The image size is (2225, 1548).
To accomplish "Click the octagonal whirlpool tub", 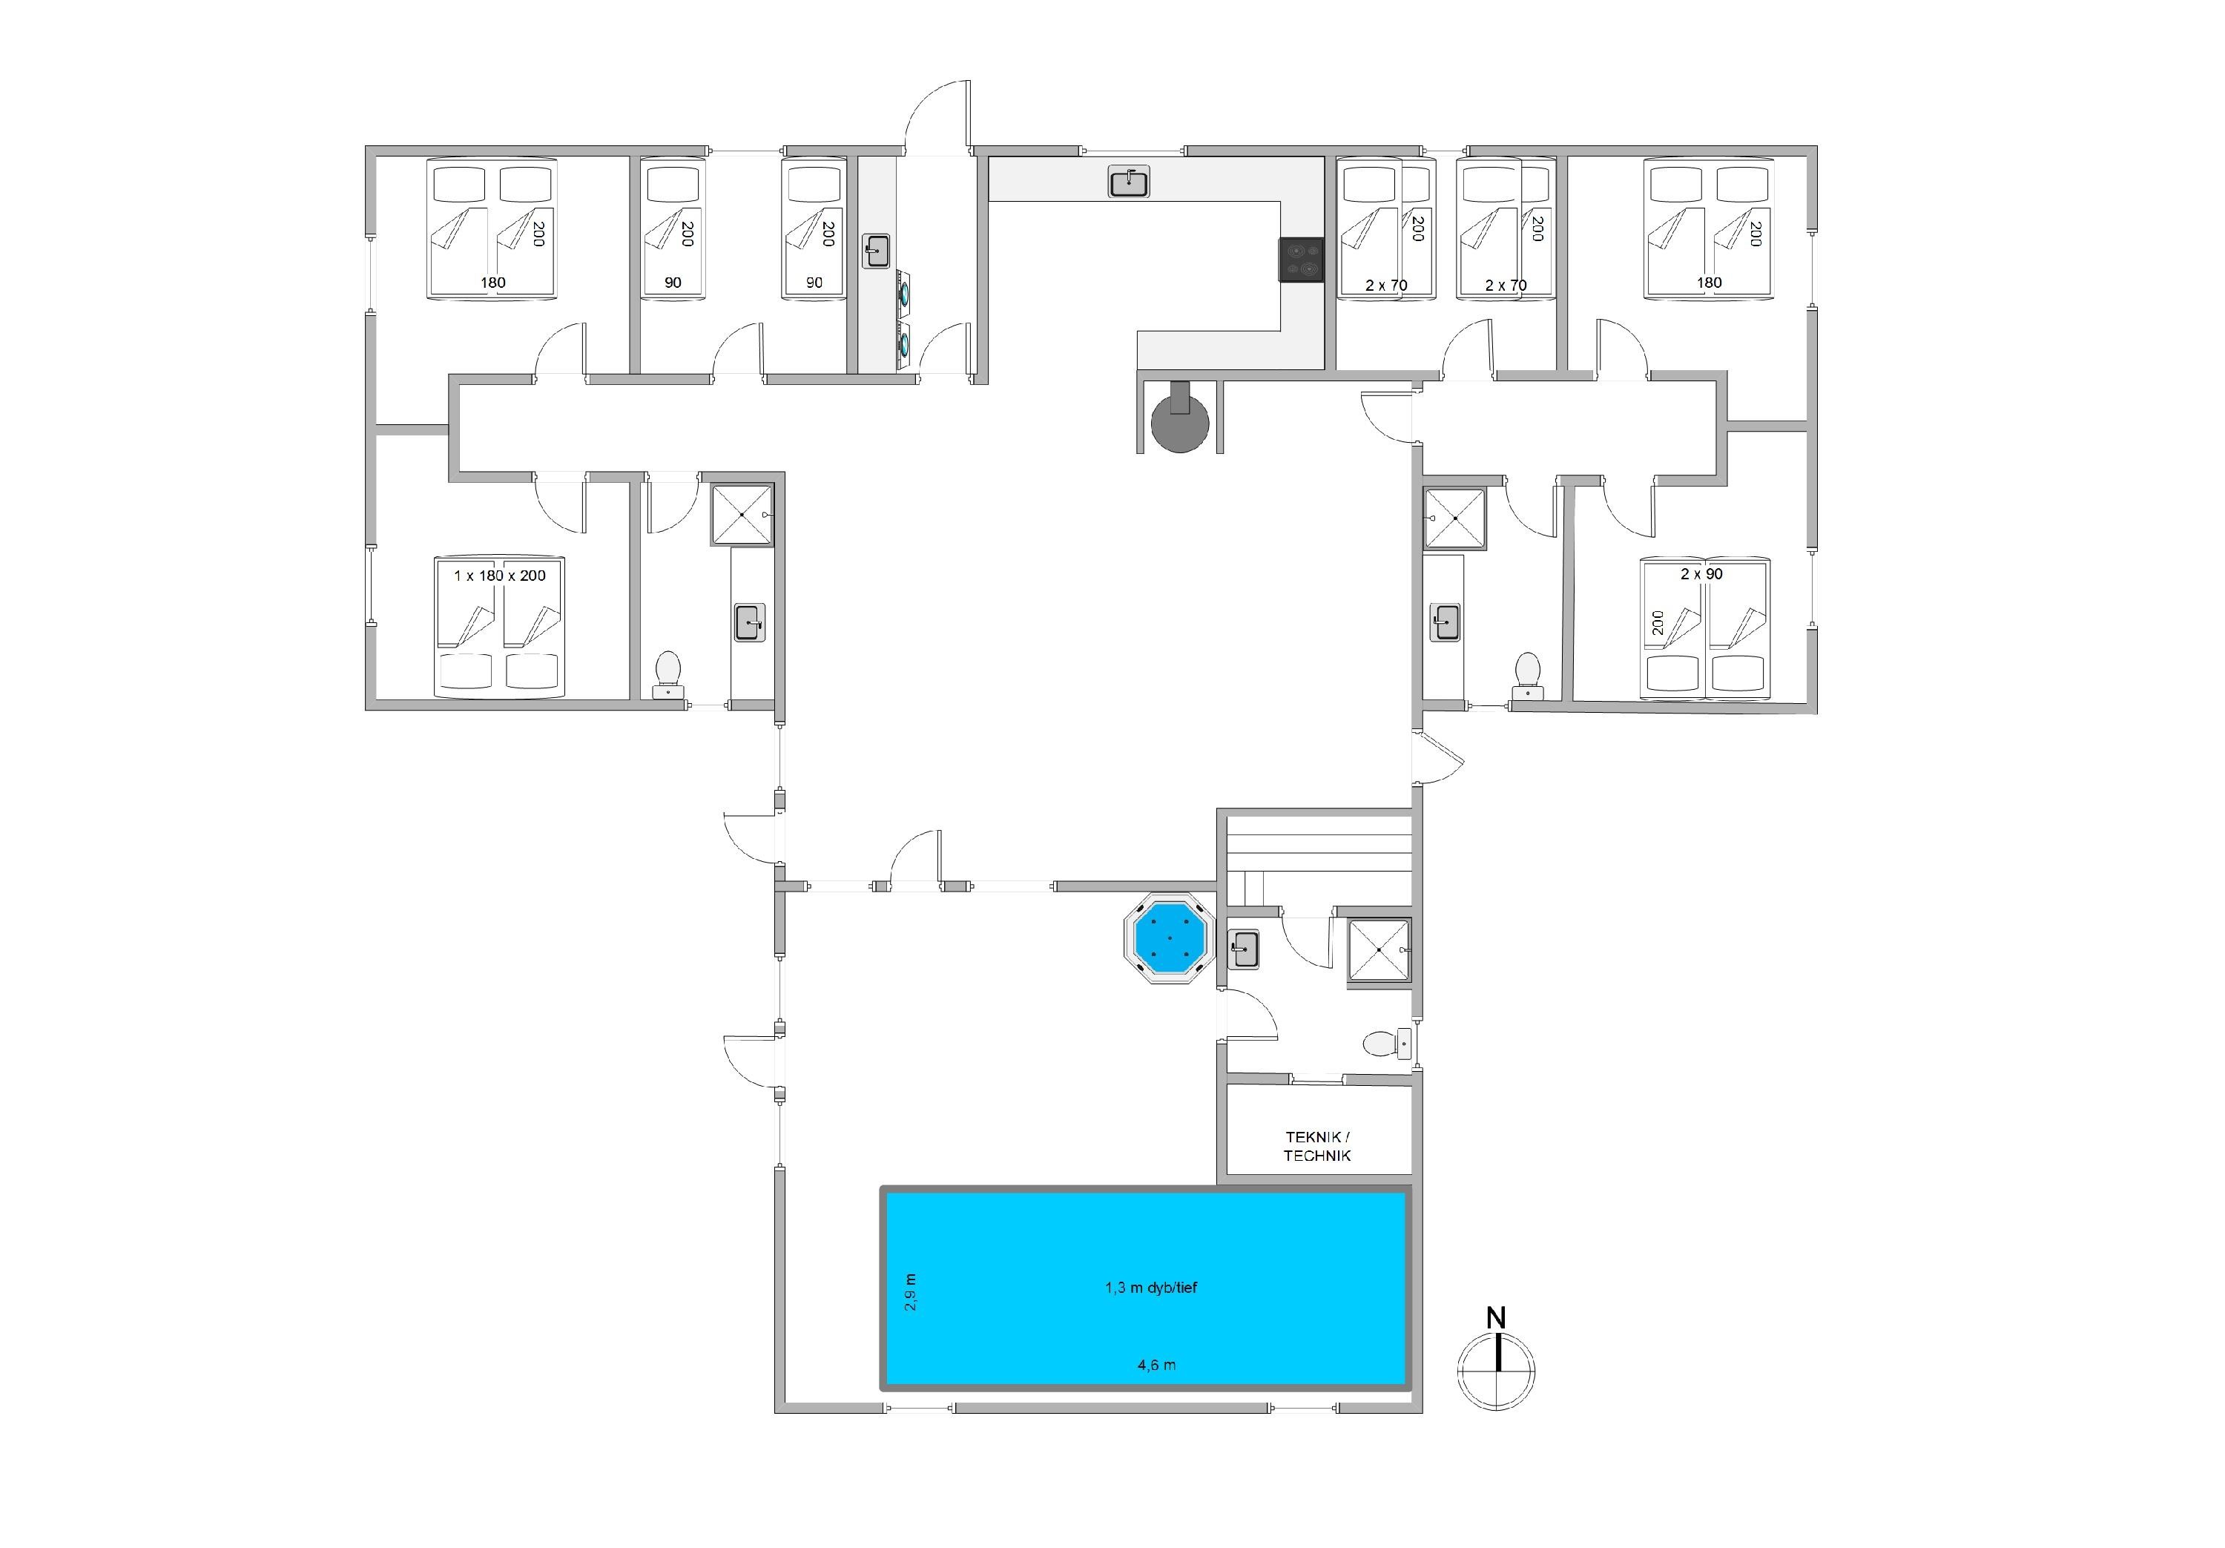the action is [1170, 938].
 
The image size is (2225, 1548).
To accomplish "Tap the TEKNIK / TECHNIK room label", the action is [1317, 1146].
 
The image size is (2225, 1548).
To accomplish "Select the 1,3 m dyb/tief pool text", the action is [1151, 1287].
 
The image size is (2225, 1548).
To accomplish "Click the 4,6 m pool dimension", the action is [1156, 1365].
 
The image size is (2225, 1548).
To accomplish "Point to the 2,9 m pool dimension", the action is [910, 1292].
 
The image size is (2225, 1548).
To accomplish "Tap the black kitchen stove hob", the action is [1299, 260].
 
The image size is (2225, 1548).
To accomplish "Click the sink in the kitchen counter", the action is [1129, 181].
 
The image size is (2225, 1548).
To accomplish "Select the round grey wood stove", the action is [1179, 423].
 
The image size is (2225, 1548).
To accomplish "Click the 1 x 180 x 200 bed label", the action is [499, 576].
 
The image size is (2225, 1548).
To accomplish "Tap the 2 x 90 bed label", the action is [1701, 574].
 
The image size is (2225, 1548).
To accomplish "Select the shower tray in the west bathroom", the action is [742, 515].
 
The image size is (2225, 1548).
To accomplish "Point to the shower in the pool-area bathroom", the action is [1379, 952].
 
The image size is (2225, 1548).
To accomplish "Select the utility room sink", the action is [876, 251].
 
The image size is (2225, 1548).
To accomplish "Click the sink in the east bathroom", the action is [1445, 622].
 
